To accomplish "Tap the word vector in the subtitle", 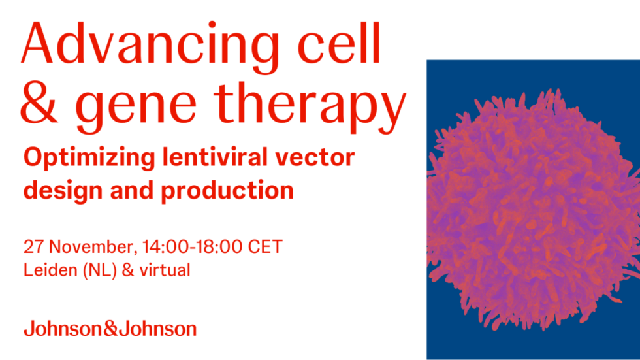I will [318, 159].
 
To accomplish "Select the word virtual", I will [164, 269].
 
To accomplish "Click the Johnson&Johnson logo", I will [110, 328].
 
